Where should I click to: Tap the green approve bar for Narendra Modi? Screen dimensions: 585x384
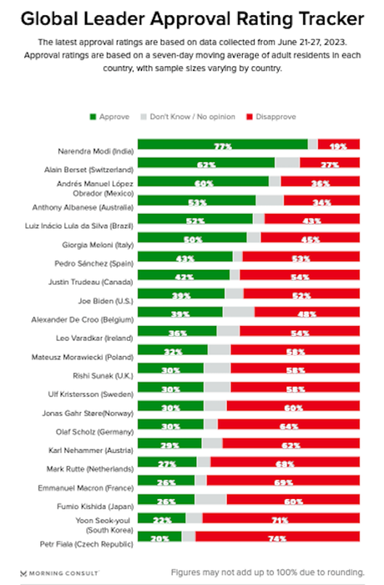point(222,145)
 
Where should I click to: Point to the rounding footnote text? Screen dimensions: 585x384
point(267,572)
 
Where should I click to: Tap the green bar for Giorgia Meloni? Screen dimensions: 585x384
point(192,237)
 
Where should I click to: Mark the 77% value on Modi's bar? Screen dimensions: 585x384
point(222,145)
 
